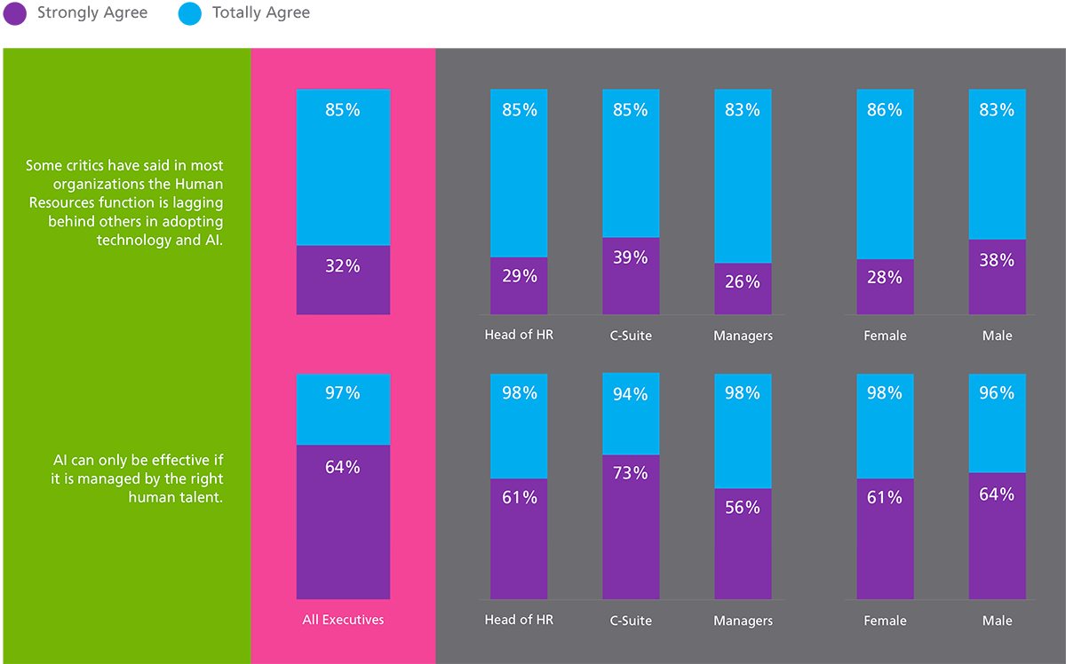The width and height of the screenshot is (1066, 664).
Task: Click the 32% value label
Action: tap(343, 265)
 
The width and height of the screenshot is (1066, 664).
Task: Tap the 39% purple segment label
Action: tap(631, 257)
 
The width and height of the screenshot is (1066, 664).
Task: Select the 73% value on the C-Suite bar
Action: tap(631, 473)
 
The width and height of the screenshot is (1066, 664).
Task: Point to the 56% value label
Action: tap(743, 507)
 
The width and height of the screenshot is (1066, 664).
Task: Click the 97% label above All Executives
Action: tap(343, 392)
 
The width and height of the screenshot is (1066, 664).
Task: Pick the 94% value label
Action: tap(631, 394)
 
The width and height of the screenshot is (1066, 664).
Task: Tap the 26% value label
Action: tap(743, 282)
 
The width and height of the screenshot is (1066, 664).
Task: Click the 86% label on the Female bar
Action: tap(885, 110)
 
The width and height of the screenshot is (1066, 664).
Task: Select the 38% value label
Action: tap(997, 260)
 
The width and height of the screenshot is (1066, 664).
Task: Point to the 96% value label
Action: tap(997, 392)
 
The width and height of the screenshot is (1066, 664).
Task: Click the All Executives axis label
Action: tap(343, 620)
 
